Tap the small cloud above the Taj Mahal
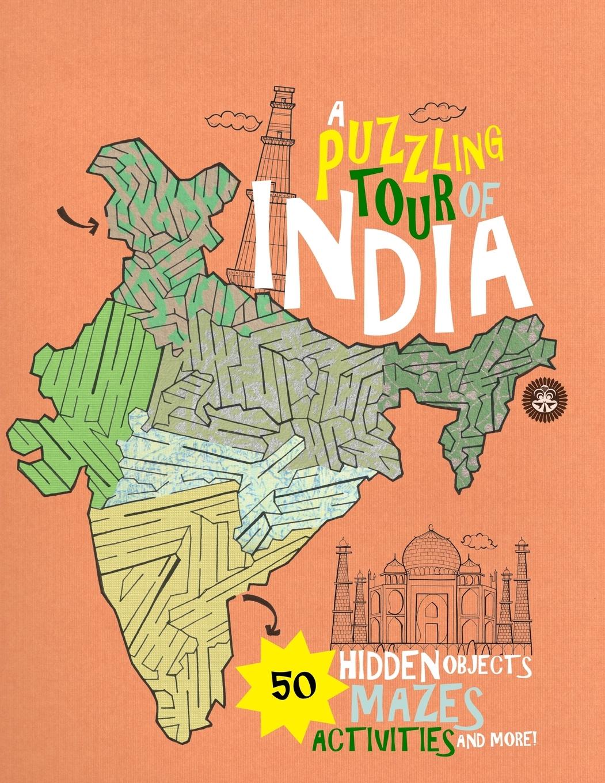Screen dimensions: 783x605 [479, 541]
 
